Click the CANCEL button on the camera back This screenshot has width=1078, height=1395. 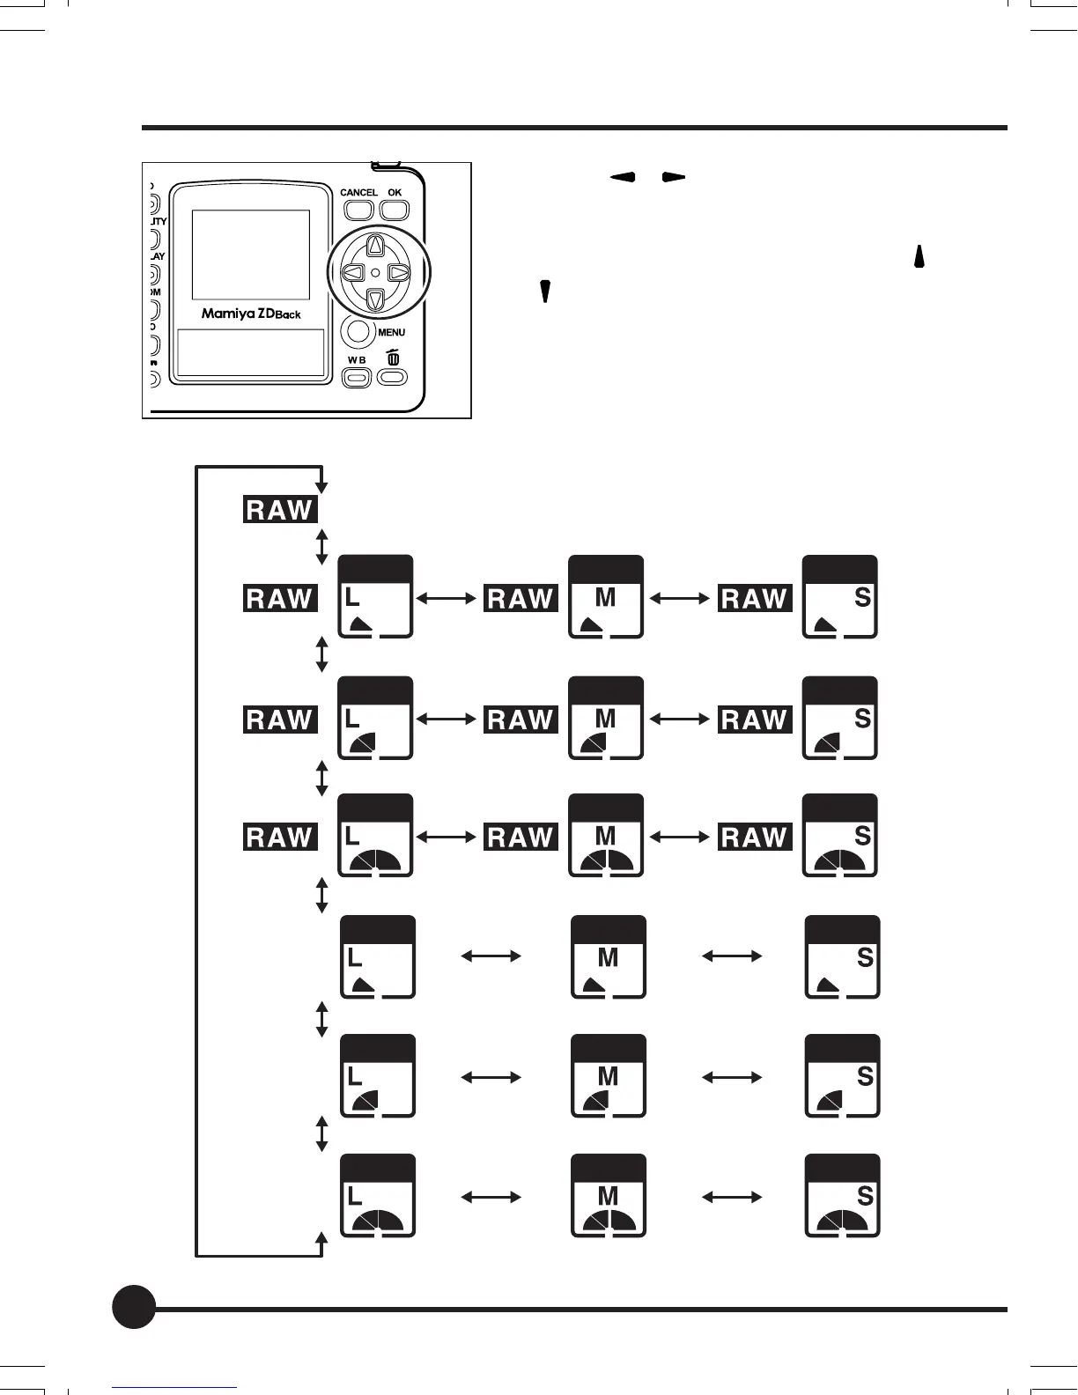point(358,210)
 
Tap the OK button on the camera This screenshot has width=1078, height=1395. point(395,210)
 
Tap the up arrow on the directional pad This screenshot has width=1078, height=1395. point(375,246)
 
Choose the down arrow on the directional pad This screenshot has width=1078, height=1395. point(375,300)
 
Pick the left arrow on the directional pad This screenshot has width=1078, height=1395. point(351,273)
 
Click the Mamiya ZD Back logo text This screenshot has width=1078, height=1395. point(251,313)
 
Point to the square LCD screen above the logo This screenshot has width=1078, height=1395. point(251,255)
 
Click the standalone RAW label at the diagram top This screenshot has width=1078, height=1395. point(280,510)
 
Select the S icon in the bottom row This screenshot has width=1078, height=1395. point(843,1196)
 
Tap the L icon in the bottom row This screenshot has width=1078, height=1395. point(378,1196)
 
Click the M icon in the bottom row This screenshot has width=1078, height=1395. point(609,1196)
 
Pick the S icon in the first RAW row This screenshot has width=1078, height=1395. point(840,597)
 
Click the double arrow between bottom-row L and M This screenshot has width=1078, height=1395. point(491,1197)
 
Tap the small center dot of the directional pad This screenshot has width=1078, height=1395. point(375,273)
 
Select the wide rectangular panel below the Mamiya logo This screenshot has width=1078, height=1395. point(251,353)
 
